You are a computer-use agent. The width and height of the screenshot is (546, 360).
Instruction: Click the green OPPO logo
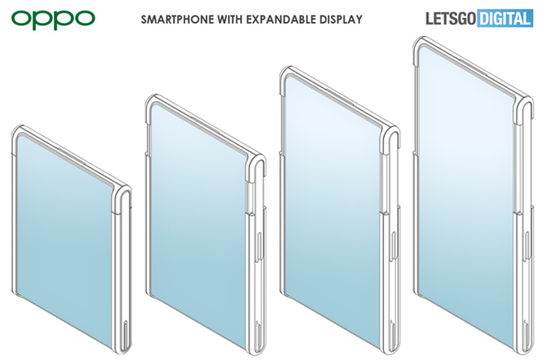53,20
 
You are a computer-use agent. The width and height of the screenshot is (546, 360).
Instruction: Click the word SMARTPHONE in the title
178,20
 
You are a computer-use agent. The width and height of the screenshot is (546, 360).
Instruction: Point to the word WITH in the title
230,20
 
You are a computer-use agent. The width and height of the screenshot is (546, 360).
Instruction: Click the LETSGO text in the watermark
451,19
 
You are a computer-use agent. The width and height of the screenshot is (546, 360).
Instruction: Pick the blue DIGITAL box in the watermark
504,19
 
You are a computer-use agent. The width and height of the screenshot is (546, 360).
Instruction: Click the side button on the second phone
259,247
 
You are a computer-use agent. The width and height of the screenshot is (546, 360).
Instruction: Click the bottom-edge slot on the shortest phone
125,334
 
